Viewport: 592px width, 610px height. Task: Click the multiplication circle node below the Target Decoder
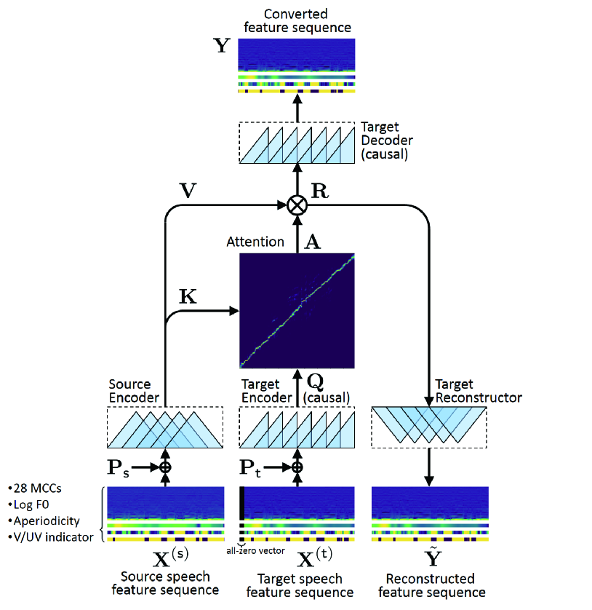coord(297,205)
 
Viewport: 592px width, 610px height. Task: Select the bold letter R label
coord(320,191)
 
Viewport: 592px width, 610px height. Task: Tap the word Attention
coord(255,242)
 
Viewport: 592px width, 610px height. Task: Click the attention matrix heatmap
coord(297,311)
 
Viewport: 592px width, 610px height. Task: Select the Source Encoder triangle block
coord(165,428)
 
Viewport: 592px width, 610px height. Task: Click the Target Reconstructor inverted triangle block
coord(429,427)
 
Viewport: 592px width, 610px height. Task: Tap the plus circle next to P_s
coord(165,467)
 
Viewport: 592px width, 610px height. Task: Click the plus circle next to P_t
coord(297,467)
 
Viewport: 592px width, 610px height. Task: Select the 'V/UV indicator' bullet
coord(51,537)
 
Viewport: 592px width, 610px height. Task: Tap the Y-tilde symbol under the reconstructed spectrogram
coord(429,560)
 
